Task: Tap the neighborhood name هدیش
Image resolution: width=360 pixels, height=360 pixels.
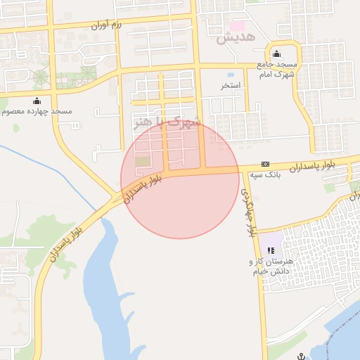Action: pos(234,37)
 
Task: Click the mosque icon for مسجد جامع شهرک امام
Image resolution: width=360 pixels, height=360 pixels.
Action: pos(276,54)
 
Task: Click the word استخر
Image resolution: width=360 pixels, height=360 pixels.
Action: pos(231,85)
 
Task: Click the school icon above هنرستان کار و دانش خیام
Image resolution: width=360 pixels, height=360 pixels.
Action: pos(271,250)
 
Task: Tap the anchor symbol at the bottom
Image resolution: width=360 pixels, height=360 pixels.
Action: pos(301,356)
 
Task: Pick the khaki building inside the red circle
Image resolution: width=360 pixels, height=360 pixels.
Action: pos(143,162)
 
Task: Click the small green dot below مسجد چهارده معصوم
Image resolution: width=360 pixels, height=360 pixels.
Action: pos(16,128)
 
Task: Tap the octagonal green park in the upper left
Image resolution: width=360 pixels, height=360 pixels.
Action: pos(40,76)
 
